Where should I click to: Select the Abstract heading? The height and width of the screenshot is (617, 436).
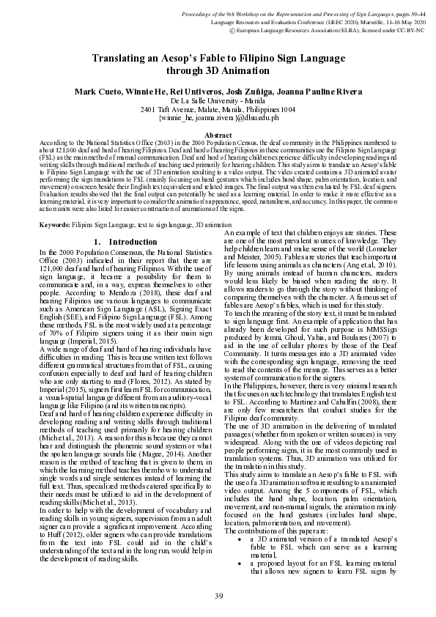[218, 136]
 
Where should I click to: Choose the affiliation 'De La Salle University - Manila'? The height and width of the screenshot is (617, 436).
[218, 100]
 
